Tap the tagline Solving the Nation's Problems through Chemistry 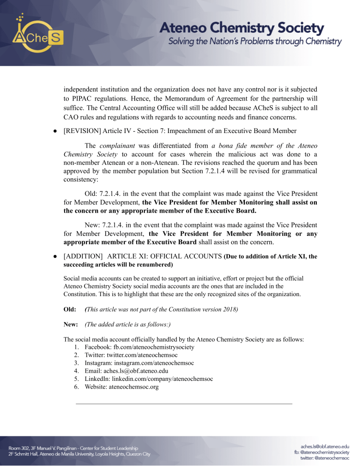pos(255,42)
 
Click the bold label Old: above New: pos(70,309)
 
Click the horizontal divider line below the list pos(183,404)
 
